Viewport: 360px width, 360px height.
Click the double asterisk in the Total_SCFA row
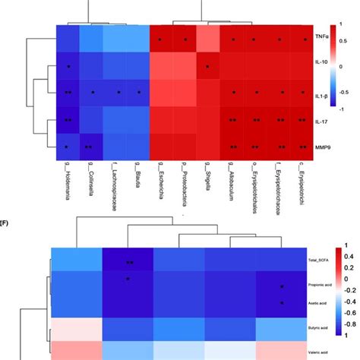coord(130,262)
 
